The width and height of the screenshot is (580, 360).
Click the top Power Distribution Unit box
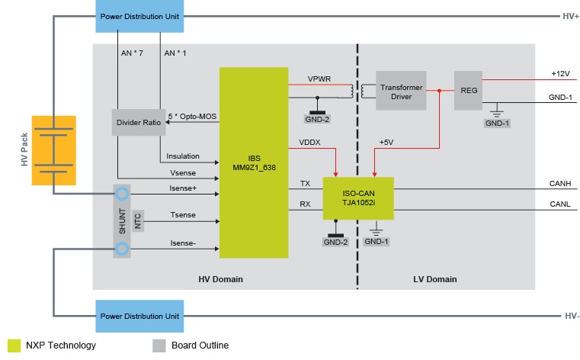[139, 16]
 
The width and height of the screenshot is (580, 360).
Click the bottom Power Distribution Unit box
[139, 315]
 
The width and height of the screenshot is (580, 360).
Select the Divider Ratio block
[139, 123]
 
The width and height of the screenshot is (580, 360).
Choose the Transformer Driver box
[400, 90]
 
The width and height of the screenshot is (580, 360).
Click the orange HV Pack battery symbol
[53, 150]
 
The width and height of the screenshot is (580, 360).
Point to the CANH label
[560, 183]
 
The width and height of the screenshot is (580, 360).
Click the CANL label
[560, 204]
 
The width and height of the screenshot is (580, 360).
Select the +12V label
[561, 74]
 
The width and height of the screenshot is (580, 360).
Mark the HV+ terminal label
[570, 16]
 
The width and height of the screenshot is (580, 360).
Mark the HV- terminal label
[570, 315]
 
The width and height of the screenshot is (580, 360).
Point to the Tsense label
[182, 215]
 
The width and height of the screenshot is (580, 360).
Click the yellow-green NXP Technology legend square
[13, 345]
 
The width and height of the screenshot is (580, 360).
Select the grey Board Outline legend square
[159, 345]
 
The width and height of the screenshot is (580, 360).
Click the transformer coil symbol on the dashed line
[356, 90]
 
